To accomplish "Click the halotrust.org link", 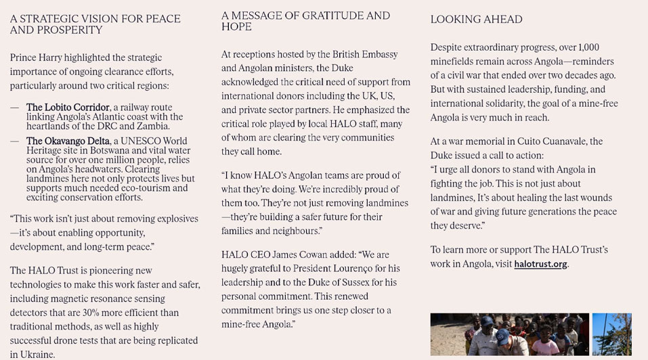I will (540, 264).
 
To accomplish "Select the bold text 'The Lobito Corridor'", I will (68, 108).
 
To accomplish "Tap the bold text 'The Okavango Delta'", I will (68, 141).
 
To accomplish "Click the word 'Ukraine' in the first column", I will (37, 354).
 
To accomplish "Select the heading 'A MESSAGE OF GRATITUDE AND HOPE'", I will (305, 21).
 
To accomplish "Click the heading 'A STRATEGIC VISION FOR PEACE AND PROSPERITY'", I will (95, 24).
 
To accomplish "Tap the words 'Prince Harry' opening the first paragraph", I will (37, 58).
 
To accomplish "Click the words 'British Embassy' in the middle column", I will (366, 54).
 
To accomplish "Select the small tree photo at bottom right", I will (611, 334).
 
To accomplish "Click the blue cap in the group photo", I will (487, 321).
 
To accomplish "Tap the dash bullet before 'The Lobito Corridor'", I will (14, 108).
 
